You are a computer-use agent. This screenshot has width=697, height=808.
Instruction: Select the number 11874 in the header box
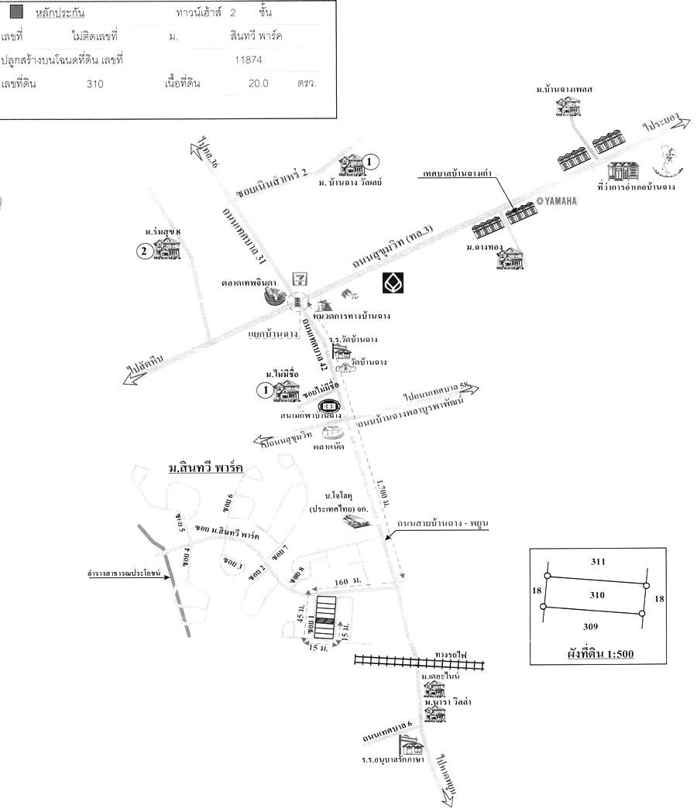click(x=249, y=59)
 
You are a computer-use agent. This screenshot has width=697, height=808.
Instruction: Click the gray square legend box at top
click(x=16, y=14)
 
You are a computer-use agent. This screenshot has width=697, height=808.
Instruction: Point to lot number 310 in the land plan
click(x=596, y=596)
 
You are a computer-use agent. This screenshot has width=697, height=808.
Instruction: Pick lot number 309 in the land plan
click(x=593, y=627)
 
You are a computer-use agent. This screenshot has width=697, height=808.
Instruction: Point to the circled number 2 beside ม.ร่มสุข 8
click(x=143, y=250)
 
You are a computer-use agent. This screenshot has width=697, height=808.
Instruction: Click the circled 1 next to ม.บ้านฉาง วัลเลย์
click(x=371, y=162)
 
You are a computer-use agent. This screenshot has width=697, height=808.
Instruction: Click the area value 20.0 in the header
click(x=253, y=83)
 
